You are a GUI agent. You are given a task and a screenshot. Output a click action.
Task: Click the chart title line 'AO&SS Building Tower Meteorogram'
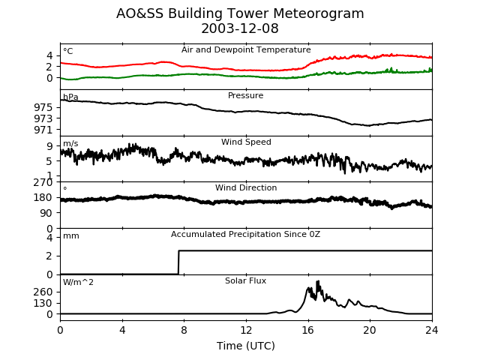[x=240, y=14]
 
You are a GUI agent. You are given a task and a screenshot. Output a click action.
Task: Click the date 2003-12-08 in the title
[x=240, y=29]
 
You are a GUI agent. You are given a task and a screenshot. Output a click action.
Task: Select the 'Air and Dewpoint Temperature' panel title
[x=246, y=50]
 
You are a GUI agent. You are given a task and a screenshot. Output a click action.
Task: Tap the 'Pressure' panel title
[x=246, y=96]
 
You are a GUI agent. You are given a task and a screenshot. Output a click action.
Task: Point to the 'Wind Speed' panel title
[x=246, y=142]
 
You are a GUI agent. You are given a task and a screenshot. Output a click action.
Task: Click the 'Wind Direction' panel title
[x=246, y=188]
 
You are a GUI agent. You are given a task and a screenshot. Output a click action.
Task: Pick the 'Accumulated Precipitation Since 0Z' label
[x=245, y=235]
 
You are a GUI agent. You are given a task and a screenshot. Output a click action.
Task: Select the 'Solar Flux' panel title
[x=246, y=281]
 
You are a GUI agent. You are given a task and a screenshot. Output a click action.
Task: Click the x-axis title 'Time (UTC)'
[x=246, y=346]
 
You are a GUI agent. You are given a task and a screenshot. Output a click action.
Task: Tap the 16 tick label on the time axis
[x=308, y=329]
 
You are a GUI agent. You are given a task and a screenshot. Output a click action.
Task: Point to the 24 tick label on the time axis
[x=432, y=329]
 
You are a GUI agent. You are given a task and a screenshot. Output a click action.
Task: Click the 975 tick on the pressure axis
[x=43, y=107]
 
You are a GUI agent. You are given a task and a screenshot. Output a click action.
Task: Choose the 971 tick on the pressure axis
[x=43, y=130]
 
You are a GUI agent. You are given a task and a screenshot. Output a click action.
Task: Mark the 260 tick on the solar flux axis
[x=43, y=292]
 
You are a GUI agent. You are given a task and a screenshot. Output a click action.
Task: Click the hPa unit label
[x=70, y=97]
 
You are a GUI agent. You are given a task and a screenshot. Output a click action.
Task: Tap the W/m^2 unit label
[x=78, y=283]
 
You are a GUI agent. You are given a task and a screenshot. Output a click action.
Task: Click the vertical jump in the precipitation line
[x=178, y=262]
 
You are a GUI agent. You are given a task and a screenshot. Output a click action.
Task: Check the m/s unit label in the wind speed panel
[x=70, y=144]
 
